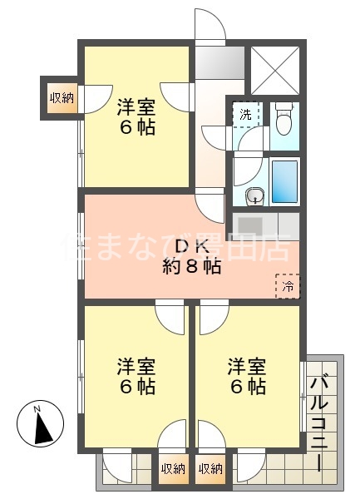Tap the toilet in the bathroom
coord(283,120)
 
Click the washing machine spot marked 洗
coord(246,114)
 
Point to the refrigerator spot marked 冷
coord(288,285)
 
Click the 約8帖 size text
coord(191,267)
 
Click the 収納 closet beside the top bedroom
coord(62,97)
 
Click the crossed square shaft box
coord(275,68)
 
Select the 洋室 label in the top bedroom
coord(136,107)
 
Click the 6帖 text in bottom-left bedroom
coord(136,387)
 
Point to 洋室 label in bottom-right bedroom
coord(248,365)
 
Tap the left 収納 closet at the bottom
coord(173,469)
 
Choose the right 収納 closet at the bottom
coord(211,469)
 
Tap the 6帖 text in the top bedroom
coord(136,128)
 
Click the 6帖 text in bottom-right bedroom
coord(248,387)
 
